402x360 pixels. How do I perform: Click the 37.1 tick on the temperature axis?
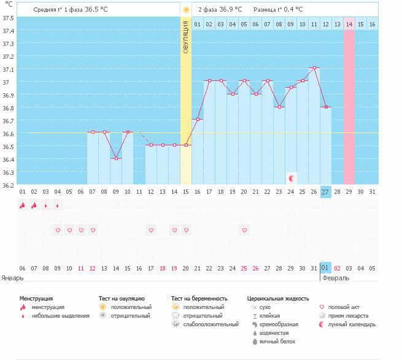[x=8, y=69]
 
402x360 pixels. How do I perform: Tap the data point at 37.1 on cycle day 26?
[x=314, y=67]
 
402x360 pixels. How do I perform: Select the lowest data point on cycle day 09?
[x=116, y=158]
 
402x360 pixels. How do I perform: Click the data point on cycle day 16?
[x=198, y=119]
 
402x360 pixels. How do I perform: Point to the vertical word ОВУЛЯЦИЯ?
[x=186, y=37]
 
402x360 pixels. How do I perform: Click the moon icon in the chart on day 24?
[x=292, y=178]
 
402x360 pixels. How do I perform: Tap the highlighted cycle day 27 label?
[x=325, y=192]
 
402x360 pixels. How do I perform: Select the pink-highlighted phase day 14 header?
[x=349, y=25]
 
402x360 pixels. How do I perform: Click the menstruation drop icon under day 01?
[x=23, y=205]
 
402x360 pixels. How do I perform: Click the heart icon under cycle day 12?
[x=151, y=230]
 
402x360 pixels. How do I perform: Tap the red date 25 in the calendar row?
[x=244, y=268]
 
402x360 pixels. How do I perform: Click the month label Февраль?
[x=336, y=278]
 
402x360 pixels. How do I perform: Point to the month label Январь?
[x=12, y=278]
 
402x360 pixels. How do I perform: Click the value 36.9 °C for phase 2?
[x=231, y=9]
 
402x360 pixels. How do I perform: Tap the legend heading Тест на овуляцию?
[x=122, y=299]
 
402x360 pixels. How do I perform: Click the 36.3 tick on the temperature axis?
[x=8, y=172]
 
